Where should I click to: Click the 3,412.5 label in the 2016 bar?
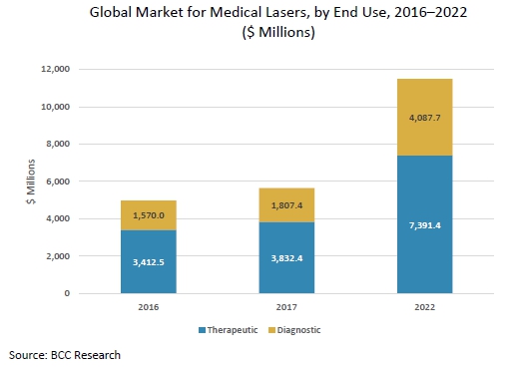point(148,263)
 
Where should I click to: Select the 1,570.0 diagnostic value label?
point(148,214)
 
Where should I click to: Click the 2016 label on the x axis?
point(148,308)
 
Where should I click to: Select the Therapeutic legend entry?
point(236,330)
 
